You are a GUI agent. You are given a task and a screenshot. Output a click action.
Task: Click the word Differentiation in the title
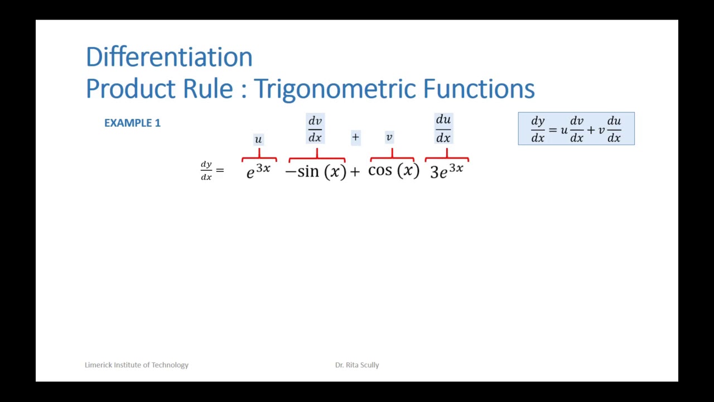click(169, 57)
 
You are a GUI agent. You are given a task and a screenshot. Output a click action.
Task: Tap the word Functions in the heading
click(479, 89)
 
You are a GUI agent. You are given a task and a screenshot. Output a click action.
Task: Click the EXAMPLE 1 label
click(132, 123)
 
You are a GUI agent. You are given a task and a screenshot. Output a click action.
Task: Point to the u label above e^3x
click(258, 139)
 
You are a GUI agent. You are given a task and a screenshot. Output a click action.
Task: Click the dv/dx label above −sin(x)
click(315, 129)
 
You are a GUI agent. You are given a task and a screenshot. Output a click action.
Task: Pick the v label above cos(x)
click(389, 137)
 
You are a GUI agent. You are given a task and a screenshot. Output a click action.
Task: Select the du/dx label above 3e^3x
click(443, 129)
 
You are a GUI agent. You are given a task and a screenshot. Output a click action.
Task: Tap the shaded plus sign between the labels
click(355, 137)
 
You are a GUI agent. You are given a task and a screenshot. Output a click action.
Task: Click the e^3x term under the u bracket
click(258, 170)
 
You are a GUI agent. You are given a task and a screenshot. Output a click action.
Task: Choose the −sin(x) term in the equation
click(316, 171)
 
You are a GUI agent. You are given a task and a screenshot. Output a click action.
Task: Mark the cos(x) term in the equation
click(393, 170)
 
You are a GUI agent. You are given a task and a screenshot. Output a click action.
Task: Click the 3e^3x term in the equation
click(447, 170)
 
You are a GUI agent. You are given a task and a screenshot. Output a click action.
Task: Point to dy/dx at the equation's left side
click(206, 170)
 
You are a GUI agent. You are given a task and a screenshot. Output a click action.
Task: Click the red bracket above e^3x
click(259, 158)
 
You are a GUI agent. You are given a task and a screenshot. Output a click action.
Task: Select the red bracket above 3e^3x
click(447, 158)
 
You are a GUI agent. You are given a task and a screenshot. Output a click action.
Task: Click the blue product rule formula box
click(576, 129)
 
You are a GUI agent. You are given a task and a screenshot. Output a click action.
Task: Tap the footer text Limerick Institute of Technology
click(137, 365)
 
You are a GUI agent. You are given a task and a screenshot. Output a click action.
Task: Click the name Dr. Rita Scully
click(357, 365)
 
